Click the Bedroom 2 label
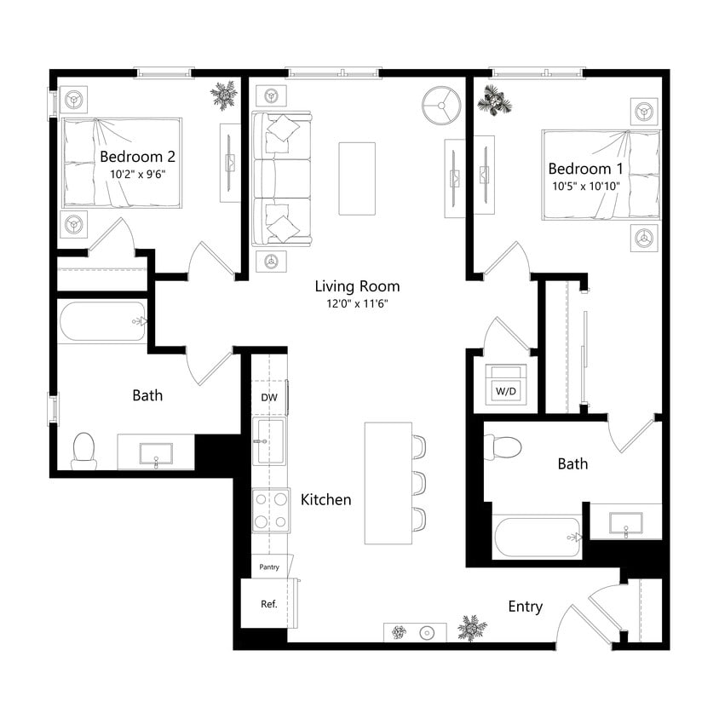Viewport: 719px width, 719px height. [x=137, y=157]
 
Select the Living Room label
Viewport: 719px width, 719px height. [x=357, y=286]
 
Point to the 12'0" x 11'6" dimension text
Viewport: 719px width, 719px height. [x=357, y=303]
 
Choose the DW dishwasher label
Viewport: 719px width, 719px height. [x=268, y=397]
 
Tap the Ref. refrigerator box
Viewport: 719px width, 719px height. [x=268, y=604]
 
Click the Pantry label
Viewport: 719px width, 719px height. [x=269, y=567]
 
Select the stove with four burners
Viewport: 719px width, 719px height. [x=270, y=510]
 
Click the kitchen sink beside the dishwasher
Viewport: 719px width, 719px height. [x=269, y=441]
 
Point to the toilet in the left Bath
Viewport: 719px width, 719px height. [x=83, y=451]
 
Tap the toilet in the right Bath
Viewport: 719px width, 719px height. [x=503, y=447]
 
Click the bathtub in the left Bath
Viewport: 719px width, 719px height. [x=102, y=322]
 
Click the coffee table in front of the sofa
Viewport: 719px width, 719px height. [x=356, y=178]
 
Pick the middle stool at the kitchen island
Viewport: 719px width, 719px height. [x=417, y=482]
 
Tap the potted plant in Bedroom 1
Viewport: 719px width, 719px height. [x=493, y=101]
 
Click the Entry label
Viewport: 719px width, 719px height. [x=525, y=607]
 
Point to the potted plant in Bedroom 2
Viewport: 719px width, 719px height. [x=224, y=95]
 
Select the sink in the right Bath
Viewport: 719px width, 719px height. [x=625, y=521]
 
